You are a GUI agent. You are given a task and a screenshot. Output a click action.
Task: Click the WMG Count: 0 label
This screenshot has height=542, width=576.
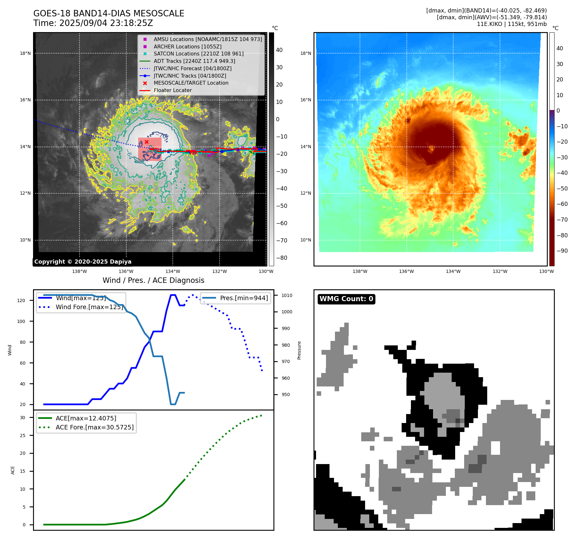[x=346, y=299]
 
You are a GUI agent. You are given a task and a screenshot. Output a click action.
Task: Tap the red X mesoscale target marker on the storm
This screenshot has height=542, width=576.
[x=146, y=142]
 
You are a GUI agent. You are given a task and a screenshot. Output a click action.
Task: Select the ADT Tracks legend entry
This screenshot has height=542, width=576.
[x=194, y=61]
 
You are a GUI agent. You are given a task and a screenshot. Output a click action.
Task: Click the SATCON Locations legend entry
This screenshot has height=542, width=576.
[x=198, y=54]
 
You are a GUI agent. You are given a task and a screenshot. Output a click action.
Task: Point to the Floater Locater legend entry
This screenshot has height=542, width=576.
[x=172, y=90]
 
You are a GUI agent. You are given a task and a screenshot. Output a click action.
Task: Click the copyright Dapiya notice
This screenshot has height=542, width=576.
[x=83, y=262]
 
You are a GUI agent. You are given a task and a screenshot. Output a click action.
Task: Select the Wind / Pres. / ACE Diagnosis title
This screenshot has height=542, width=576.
[x=153, y=280]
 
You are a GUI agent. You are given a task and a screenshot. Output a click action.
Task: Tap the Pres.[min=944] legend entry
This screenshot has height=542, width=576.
[x=244, y=298]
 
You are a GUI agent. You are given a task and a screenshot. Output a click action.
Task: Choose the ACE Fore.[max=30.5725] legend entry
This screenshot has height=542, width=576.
[x=95, y=427]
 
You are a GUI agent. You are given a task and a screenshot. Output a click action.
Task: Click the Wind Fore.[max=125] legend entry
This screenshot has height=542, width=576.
[x=89, y=307]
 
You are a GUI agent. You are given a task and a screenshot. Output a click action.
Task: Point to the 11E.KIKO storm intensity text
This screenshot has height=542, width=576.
[x=512, y=24]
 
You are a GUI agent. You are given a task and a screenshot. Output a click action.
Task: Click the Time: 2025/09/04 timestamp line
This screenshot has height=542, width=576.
[x=93, y=23]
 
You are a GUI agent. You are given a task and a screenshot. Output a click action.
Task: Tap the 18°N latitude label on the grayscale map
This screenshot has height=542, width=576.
[x=25, y=53]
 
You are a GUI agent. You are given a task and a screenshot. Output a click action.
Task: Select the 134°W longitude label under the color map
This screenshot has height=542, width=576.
[x=453, y=271]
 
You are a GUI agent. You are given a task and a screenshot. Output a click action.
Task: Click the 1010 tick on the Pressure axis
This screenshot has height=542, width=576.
[x=287, y=295]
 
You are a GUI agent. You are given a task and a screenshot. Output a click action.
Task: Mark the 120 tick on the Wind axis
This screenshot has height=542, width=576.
[x=21, y=301]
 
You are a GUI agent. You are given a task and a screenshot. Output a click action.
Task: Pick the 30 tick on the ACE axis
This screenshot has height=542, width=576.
[x=22, y=418]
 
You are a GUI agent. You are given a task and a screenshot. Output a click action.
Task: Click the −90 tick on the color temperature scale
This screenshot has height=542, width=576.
[x=562, y=251]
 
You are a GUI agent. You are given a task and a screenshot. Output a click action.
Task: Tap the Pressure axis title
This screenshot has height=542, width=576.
[x=299, y=350]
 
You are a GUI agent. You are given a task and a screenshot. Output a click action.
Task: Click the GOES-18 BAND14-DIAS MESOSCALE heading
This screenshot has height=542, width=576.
[x=109, y=13]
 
